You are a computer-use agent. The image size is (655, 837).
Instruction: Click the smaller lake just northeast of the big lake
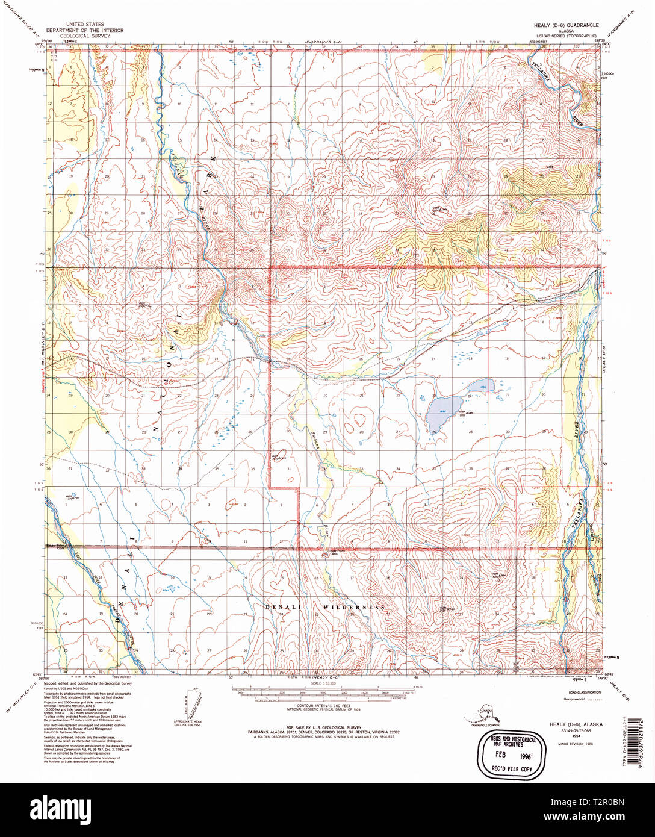click(482, 384)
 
